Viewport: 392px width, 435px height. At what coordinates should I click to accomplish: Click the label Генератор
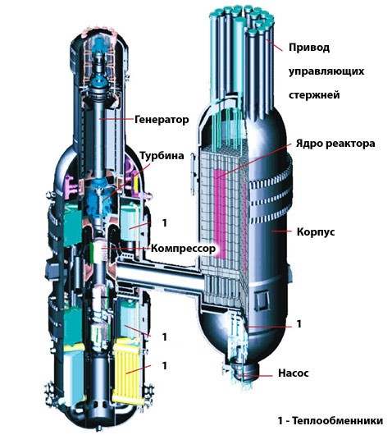click(x=162, y=120)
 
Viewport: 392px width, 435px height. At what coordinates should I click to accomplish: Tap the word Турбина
click(x=162, y=156)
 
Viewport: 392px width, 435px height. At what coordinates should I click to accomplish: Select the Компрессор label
click(x=183, y=248)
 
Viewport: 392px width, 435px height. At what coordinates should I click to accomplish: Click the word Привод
click(x=309, y=48)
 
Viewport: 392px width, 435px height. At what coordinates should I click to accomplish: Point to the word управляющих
click(x=326, y=71)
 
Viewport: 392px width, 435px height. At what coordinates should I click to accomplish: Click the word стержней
click(x=314, y=95)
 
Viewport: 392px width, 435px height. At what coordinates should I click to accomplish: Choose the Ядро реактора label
click(x=335, y=144)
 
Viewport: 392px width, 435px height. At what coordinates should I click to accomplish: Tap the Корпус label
click(x=316, y=231)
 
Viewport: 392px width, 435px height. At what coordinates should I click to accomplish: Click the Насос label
click(x=294, y=373)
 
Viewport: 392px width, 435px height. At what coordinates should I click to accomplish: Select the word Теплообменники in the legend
click(x=338, y=420)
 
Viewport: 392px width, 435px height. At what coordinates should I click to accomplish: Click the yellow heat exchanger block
click(x=128, y=370)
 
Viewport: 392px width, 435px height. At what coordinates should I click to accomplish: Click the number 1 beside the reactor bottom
click(x=299, y=324)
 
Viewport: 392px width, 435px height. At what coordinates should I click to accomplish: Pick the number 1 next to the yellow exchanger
click(x=165, y=365)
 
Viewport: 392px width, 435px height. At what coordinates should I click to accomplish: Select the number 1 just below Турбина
click(x=165, y=223)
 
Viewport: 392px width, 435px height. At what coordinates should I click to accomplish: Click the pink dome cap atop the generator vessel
click(x=100, y=31)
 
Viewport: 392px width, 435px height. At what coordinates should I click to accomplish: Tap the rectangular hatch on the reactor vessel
click(x=262, y=301)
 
